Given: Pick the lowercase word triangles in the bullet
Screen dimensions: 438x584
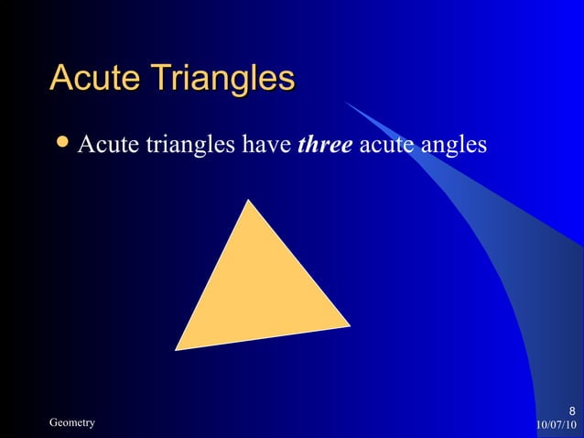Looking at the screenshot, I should coord(188,145).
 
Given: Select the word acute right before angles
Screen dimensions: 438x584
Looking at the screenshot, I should coord(388,145).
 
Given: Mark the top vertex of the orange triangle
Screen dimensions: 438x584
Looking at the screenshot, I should coord(248,201).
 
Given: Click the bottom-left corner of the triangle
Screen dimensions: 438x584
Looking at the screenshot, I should coord(176,349).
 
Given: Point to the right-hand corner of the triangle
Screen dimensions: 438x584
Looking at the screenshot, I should coord(349,324).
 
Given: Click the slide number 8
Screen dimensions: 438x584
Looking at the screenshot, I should coord(571,410).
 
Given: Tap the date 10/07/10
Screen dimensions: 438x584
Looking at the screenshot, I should coord(556,424).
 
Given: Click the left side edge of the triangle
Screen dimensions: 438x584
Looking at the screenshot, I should coord(211,275).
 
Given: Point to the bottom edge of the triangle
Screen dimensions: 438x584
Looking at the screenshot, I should coord(262,337).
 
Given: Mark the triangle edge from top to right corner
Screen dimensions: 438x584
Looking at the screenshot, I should coord(298,262).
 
